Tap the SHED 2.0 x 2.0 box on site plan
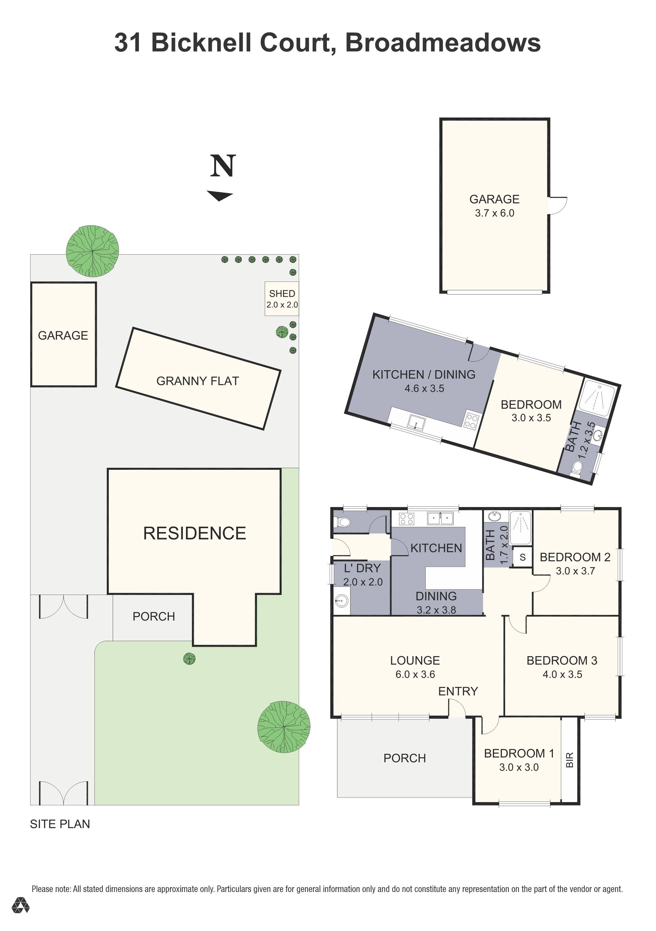tap(282, 299)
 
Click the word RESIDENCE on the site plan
tap(194, 533)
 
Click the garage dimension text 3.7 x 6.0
tap(495, 213)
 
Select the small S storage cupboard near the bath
tap(522, 557)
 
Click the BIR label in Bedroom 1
tap(570, 760)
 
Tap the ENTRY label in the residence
tap(458, 691)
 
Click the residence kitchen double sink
tap(440, 518)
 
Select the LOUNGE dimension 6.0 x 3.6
tap(415, 674)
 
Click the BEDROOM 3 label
tap(562, 660)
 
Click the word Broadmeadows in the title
tap(443, 43)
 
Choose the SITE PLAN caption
tap(60, 824)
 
